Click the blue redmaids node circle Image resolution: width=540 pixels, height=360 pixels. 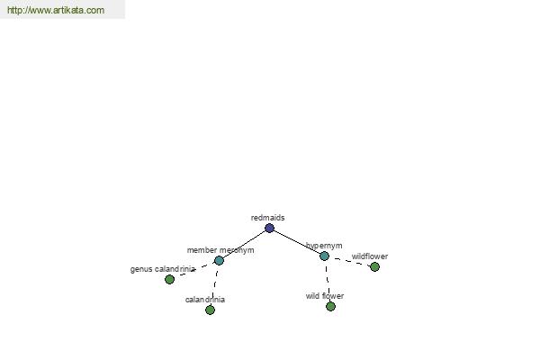coord(270,228)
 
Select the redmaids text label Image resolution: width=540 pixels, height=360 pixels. coord(267,218)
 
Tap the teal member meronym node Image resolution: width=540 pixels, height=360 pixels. coord(219,260)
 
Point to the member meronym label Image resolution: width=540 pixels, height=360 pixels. coord(220,250)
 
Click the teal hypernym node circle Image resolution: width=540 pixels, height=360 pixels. coord(324,256)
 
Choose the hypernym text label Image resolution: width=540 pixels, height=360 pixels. coord(324,246)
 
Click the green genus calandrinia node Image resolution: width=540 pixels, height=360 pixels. coord(169,279)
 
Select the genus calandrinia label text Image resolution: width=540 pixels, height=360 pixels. coord(163,269)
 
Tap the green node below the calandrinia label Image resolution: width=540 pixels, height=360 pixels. coord(210,310)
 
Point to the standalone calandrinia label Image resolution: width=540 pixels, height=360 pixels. coord(205,300)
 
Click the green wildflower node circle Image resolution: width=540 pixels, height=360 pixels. coord(374,266)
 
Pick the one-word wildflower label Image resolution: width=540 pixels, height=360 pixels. coord(370,256)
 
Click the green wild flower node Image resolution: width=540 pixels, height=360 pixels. coord(330,306)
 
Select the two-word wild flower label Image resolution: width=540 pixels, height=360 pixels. coord(325,296)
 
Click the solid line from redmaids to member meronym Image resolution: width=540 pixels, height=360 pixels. coord(245,244)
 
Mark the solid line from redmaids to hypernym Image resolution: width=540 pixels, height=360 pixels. coord(297,242)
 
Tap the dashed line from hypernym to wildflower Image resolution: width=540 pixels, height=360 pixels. coord(349,261)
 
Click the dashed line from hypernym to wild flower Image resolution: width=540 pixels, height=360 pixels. coord(328,281)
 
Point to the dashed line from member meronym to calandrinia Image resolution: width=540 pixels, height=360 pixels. coord(214,285)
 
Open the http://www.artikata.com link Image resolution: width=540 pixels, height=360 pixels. coord(56,10)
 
